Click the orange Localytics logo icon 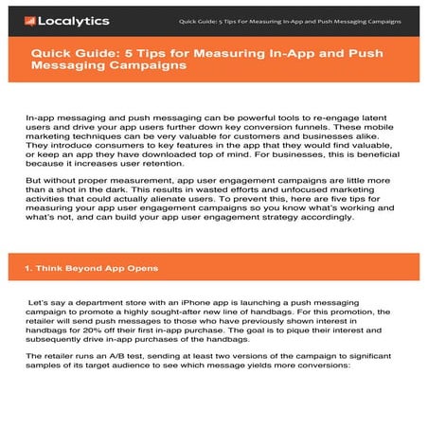tap(30, 20)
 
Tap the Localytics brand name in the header tap(73, 20)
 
